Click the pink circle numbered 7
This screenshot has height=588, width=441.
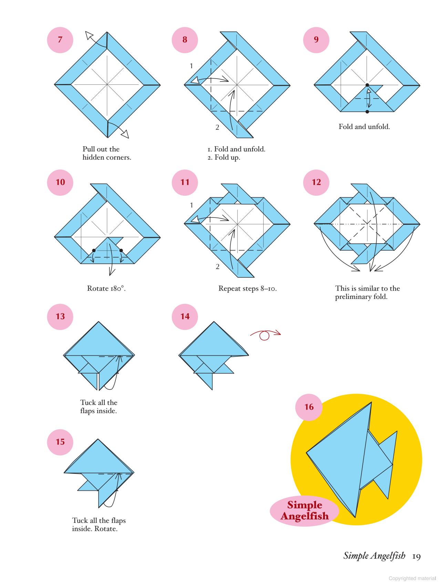tap(60, 40)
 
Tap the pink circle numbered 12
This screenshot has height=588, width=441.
tap(316, 182)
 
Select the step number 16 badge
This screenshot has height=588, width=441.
tap(309, 407)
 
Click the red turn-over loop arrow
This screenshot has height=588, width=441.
tap(265, 335)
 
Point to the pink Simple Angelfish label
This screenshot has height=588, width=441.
tap(305, 510)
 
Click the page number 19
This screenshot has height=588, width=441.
tap(416, 556)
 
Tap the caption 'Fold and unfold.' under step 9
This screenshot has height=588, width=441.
tap(364, 127)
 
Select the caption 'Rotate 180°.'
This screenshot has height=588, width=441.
tap(106, 288)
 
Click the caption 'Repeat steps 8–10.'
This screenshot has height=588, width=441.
tap(247, 288)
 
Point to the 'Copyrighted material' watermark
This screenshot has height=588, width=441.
tap(412, 578)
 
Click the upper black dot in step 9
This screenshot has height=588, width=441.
tap(367, 85)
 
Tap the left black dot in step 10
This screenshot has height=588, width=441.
tap(94, 251)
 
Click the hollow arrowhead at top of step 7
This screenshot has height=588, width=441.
tap(89, 35)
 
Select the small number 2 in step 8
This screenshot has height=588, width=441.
tap(217, 128)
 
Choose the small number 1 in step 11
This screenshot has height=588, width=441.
tap(192, 205)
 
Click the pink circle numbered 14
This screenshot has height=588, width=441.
tap(185, 317)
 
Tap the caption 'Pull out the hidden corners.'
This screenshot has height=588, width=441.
tap(106, 153)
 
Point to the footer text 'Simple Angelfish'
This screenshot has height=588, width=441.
tap(374, 556)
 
